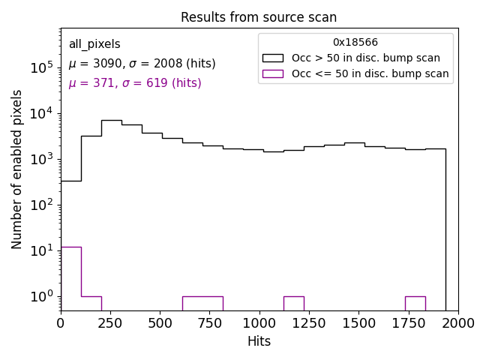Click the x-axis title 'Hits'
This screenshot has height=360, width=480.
pos(259,341)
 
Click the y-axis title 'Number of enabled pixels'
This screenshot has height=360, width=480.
pos(17,169)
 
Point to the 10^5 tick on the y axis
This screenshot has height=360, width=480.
pos(41,67)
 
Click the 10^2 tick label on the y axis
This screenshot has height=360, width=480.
pos(41,205)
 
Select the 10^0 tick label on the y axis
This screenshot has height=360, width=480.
pos(41,296)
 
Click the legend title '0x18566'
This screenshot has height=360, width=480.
pos(355,43)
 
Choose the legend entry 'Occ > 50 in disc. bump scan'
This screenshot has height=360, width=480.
pos(366,58)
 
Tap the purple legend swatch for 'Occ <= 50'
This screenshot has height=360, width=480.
pos(273,73)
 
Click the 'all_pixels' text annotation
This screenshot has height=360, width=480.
pos(94,44)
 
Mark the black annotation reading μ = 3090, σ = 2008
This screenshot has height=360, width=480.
pos(142,64)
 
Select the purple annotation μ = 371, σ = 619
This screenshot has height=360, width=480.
pos(135,83)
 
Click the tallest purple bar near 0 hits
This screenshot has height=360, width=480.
pos(70,277)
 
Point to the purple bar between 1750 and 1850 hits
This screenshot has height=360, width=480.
pos(415,303)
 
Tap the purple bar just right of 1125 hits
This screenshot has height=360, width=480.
pos(293,303)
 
